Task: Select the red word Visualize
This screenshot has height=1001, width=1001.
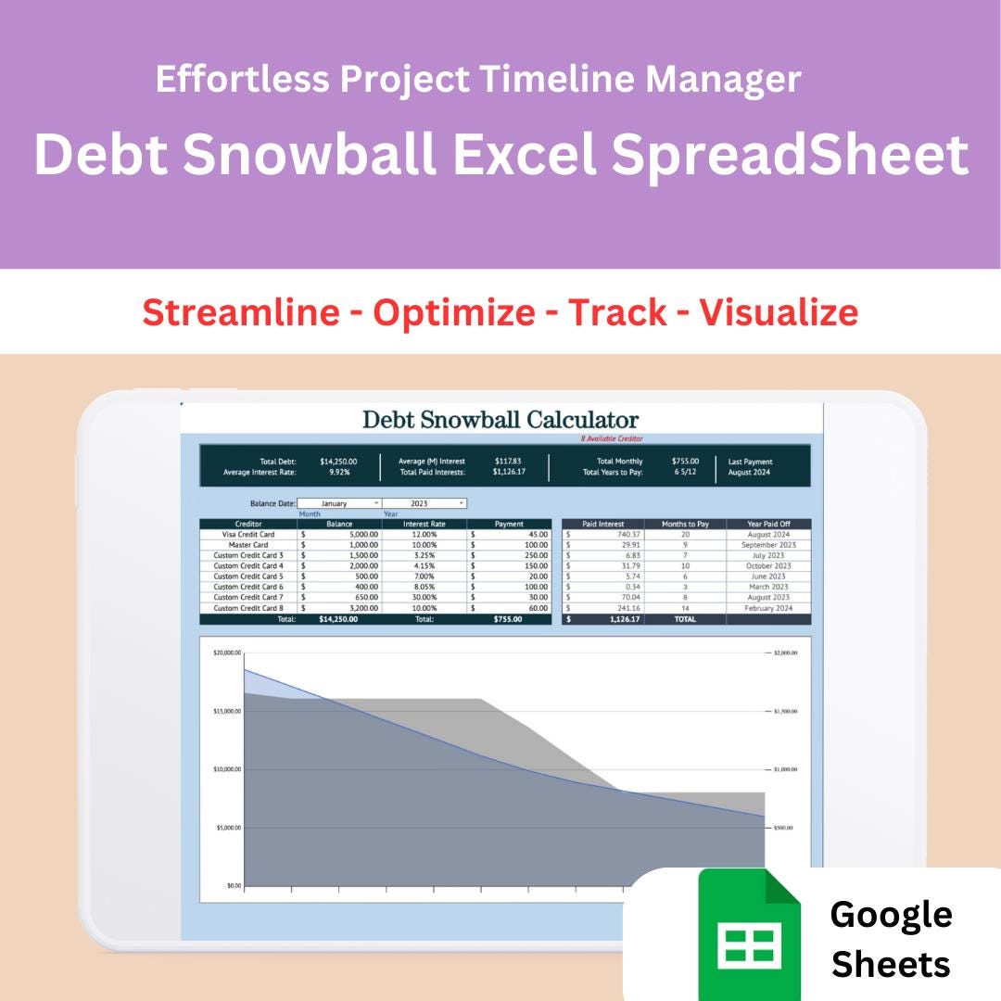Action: point(779,312)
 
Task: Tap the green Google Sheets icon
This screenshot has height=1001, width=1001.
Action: point(749,934)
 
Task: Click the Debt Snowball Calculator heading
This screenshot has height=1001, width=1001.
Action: point(500,419)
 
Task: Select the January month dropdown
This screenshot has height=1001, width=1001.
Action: point(338,503)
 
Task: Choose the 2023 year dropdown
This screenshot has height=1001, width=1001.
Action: point(424,503)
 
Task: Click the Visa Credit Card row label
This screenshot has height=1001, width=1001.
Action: point(248,534)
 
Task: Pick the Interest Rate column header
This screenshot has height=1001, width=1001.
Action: point(424,524)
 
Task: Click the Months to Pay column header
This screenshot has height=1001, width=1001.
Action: point(685,524)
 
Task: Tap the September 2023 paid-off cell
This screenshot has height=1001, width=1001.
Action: point(768,545)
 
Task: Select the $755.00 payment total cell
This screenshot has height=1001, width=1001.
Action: point(507,619)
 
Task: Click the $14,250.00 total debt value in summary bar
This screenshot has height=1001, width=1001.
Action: point(338,461)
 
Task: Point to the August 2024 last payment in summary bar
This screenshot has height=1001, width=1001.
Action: point(749,472)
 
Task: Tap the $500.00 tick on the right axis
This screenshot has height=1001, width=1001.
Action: point(783,828)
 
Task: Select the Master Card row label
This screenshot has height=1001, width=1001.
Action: point(248,545)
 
